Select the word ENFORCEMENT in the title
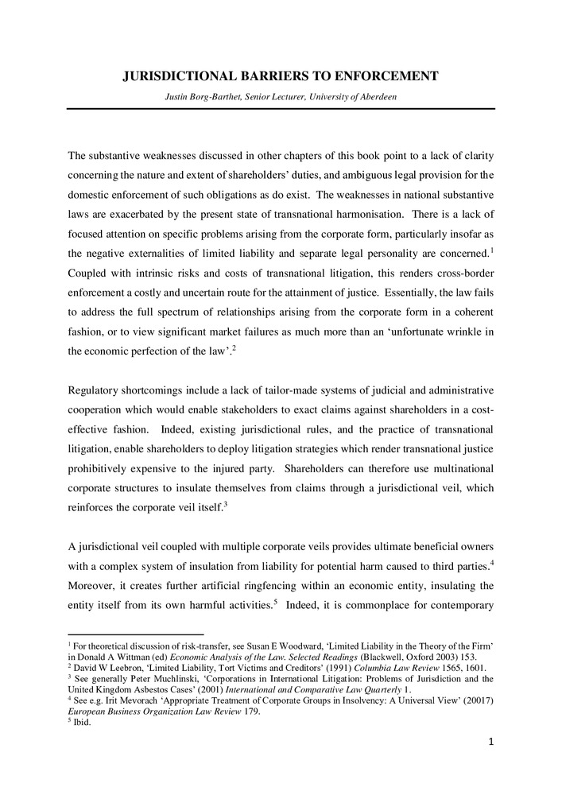coord(382,77)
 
